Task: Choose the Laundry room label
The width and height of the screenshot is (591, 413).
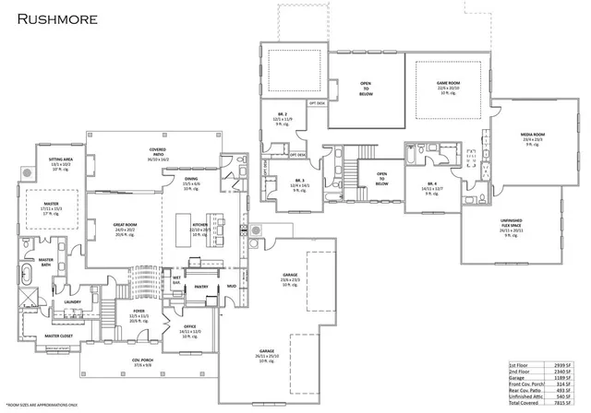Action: (x=73, y=301)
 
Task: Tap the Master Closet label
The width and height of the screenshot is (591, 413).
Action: (x=58, y=336)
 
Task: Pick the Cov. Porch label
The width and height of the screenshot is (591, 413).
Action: (x=142, y=360)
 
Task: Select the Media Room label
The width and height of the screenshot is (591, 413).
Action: (x=533, y=135)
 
